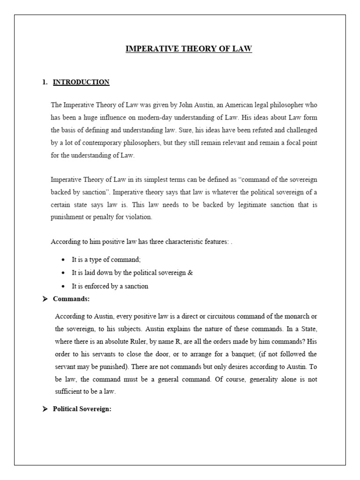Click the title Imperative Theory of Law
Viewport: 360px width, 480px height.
[188, 49]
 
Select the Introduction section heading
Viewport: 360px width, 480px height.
[81, 82]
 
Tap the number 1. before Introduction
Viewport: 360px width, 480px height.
[45, 82]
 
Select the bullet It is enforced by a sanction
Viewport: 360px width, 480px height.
[110, 286]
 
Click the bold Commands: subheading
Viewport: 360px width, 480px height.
[71, 299]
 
